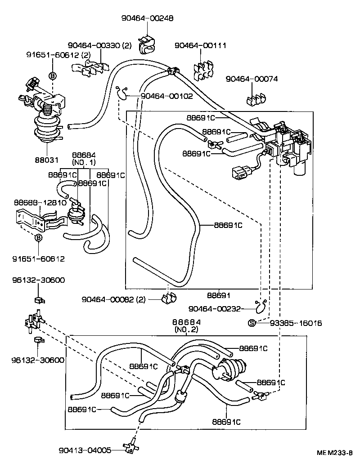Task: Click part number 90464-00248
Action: tap(147, 18)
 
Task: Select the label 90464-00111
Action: tap(200, 46)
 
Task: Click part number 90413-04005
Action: tap(85, 450)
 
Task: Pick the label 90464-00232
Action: tap(215, 308)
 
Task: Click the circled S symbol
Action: tap(252, 323)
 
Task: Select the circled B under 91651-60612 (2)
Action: tap(52, 76)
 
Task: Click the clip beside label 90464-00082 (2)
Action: tap(169, 298)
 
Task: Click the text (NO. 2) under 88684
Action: tap(186, 330)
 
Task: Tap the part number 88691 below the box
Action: tap(219, 296)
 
